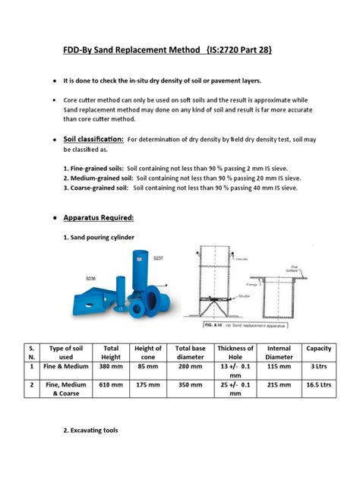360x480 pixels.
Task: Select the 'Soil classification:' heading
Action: point(93,140)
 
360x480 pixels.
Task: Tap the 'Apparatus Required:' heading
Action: point(98,218)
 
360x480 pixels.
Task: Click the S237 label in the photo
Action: point(158,259)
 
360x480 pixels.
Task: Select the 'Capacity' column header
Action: point(317,349)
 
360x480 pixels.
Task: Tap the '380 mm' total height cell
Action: point(111,367)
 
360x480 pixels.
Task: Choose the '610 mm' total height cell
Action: point(111,385)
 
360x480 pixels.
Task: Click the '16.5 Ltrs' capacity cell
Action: point(317,385)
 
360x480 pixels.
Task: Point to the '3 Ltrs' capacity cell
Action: point(317,367)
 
